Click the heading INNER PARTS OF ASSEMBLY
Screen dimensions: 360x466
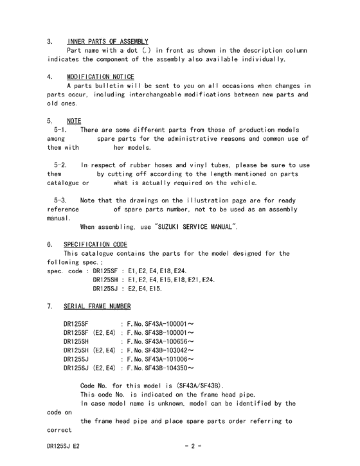point(107,41)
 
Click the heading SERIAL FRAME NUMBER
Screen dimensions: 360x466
point(97,306)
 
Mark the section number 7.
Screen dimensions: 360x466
point(50,306)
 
